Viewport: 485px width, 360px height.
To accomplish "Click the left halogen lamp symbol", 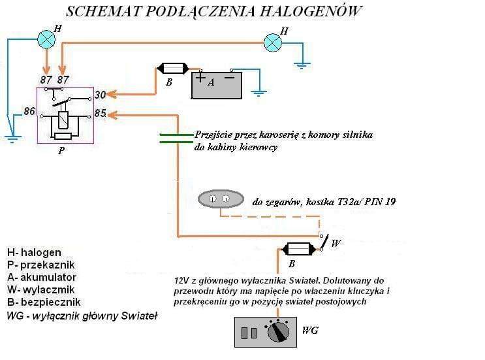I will (46, 40).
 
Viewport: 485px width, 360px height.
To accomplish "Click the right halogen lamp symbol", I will (273, 42).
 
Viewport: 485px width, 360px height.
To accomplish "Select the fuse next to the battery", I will (173, 68).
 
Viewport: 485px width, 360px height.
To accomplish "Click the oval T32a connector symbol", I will (221, 197).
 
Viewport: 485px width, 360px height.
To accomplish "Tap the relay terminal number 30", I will (100, 95).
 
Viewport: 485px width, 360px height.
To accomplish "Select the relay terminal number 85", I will (100, 114).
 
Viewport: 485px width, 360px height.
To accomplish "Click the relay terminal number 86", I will (29, 112).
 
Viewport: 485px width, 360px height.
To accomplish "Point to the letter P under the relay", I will (61, 149).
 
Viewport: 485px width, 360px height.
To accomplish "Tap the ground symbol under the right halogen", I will (302, 65).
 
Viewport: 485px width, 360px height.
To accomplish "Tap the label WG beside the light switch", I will (311, 331).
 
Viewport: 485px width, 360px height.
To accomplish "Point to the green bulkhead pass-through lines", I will (176, 137).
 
